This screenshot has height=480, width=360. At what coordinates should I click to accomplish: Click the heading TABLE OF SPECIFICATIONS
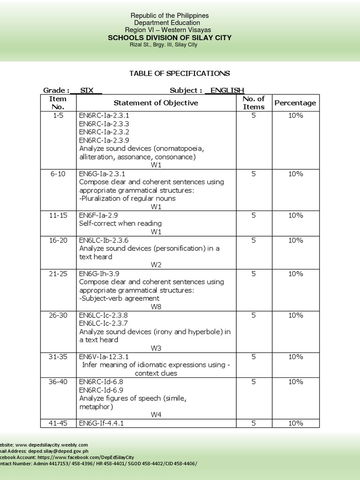point(180,74)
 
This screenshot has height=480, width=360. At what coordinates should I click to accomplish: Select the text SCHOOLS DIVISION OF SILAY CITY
point(170,37)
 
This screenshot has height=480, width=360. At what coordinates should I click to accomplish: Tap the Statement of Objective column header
point(156,103)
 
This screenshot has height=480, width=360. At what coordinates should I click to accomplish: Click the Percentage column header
point(295,103)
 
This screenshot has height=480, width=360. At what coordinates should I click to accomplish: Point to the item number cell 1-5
point(58,115)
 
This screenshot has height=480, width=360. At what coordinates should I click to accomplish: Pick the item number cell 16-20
point(58,240)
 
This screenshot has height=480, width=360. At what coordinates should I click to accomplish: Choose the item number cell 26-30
point(58,315)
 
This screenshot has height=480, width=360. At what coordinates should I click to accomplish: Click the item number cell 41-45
point(58,423)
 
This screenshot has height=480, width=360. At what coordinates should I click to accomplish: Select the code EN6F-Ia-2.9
point(101,215)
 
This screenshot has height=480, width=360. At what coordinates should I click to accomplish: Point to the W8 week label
point(156,307)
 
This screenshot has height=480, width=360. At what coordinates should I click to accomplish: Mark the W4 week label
point(156,414)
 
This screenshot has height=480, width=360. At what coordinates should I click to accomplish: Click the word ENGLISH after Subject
point(227,90)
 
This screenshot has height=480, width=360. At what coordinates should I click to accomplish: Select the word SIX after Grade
point(87,90)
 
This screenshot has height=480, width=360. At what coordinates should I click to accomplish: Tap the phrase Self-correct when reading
point(120,224)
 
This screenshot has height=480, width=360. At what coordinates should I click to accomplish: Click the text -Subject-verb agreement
point(119,298)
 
